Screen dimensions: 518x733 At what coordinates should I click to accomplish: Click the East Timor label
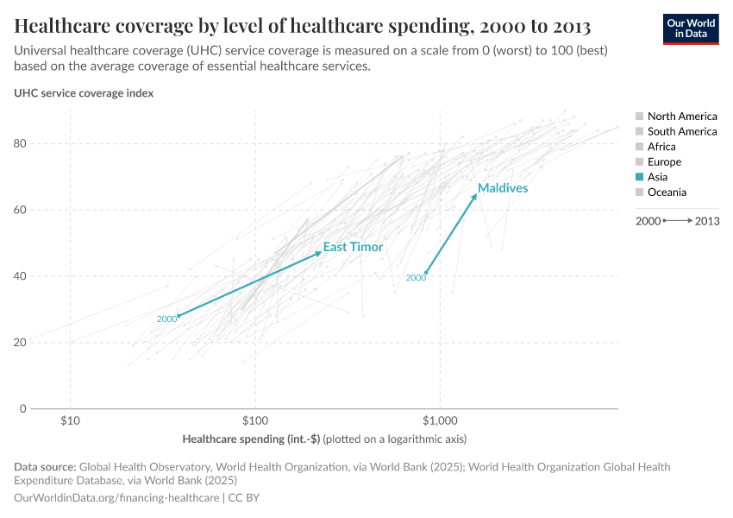[353, 247]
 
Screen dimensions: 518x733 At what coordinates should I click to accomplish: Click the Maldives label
[503, 187]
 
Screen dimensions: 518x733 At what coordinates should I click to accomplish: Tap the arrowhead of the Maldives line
[474, 196]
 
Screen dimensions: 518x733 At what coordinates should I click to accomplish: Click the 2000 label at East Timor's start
[166, 319]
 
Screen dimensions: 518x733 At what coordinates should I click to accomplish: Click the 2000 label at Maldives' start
[416, 278]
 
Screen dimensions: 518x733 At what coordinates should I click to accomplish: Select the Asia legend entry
[657, 177]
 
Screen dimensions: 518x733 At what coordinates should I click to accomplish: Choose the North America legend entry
[681, 116]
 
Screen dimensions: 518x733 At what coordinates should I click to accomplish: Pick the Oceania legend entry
[667, 193]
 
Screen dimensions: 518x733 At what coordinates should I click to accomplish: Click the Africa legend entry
[661, 147]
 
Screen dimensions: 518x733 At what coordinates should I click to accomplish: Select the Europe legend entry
[664, 161]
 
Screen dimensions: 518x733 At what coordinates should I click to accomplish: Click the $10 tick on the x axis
[70, 420]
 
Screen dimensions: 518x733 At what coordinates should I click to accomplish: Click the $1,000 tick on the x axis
[440, 420]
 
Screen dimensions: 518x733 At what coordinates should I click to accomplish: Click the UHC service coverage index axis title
[84, 93]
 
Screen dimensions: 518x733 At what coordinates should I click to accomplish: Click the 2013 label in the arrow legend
[706, 221]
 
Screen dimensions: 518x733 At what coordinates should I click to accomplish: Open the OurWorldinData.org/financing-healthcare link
[116, 498]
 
